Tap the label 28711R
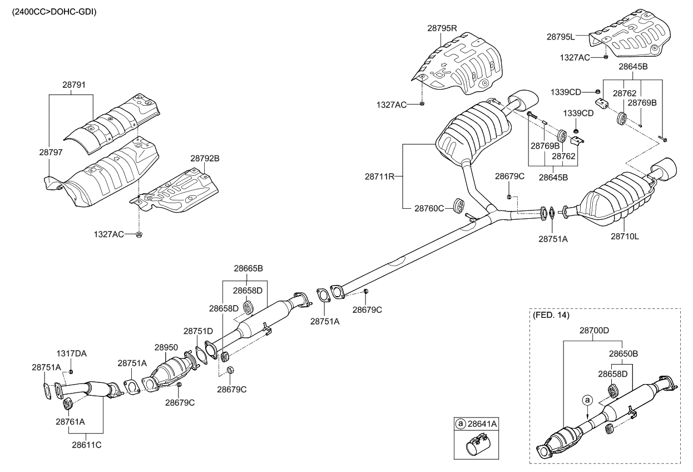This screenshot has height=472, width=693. point(379,176)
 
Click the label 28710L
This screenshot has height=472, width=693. point(625,236)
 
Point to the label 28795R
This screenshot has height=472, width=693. point(442,28)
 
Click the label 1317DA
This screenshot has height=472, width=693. point(71,353)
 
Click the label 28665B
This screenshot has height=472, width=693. point(248,269)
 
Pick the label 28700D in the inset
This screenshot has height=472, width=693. point(595,330)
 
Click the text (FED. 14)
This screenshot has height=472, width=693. point(551,316)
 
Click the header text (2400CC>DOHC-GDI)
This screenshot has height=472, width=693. point(51,11)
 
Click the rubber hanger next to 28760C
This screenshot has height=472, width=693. point(460,205)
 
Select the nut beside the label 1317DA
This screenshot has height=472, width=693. point(71,371)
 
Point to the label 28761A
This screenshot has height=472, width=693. point(70,421)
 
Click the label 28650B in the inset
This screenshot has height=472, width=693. point(623,353)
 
